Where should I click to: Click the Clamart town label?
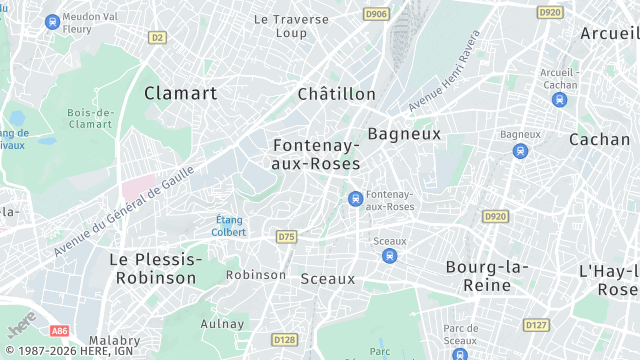[x=180, y=93]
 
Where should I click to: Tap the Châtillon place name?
[x=336, y=94]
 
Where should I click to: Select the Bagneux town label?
[x=404, y=133]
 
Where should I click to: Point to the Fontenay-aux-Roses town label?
[x=316, y=153]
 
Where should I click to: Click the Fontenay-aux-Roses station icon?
[x=355, y=199]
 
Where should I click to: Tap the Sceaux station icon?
[x=389, y=256]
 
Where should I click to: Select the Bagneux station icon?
[x=519, y=151]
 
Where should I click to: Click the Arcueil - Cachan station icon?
[x=559, y=99]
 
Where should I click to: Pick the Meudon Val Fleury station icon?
[x=52, y=21]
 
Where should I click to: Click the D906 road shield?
[x=377, y=14]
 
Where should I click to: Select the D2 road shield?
[x=156, y=37]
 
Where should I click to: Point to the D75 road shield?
[x=287, y=237]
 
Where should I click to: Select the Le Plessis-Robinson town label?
[x=155, y=268]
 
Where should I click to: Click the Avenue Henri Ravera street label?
[x=444, y=71]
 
